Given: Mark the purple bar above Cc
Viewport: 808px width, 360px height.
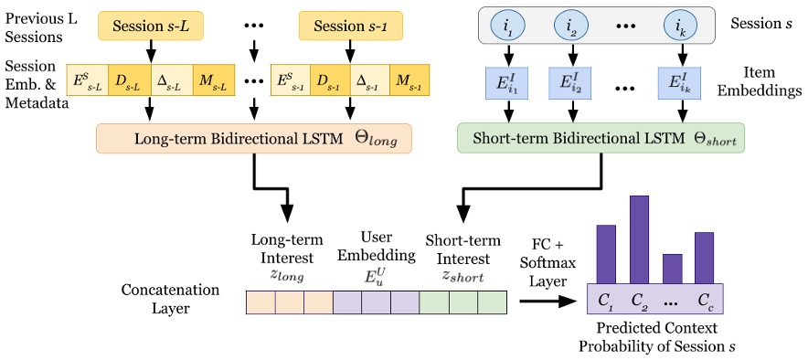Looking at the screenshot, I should click(x=704, y=256).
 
